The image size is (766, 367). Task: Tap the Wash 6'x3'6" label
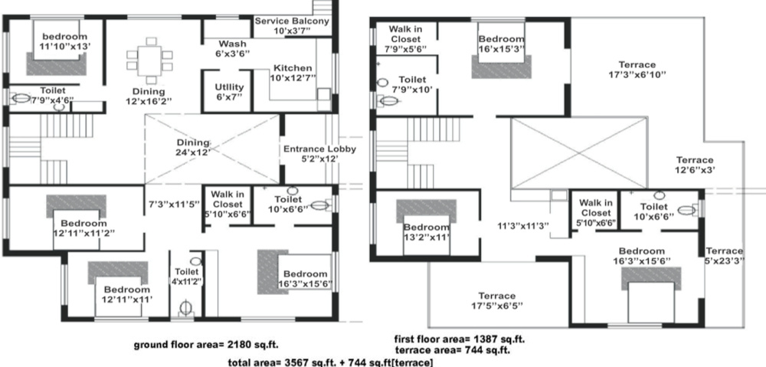[x=232, y=49]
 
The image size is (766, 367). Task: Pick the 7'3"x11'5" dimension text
[x=174, y=205]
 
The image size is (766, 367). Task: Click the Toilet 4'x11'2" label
[x=186, y=276]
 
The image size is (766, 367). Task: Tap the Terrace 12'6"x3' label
[x=694, y=165]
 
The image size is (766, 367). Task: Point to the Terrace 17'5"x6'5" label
[x=496, y=301]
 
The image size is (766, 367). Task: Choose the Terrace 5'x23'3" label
[x=724, y=256]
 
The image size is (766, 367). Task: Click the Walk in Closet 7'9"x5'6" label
[x=401, y=39]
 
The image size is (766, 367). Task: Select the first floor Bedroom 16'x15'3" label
[x=502, y=44]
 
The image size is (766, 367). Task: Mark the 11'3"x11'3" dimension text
[x=523, y=225]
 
